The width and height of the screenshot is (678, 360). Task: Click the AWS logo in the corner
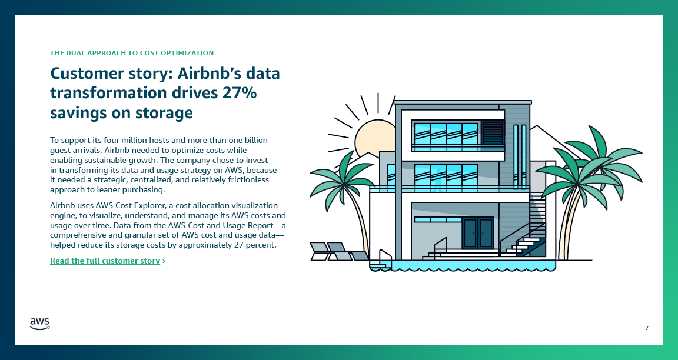point(39,324)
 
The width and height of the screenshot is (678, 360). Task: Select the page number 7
point(647,328)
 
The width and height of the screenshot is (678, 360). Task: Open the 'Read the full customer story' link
point(105,261)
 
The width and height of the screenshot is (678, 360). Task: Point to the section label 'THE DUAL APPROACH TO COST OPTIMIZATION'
point(132,53)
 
